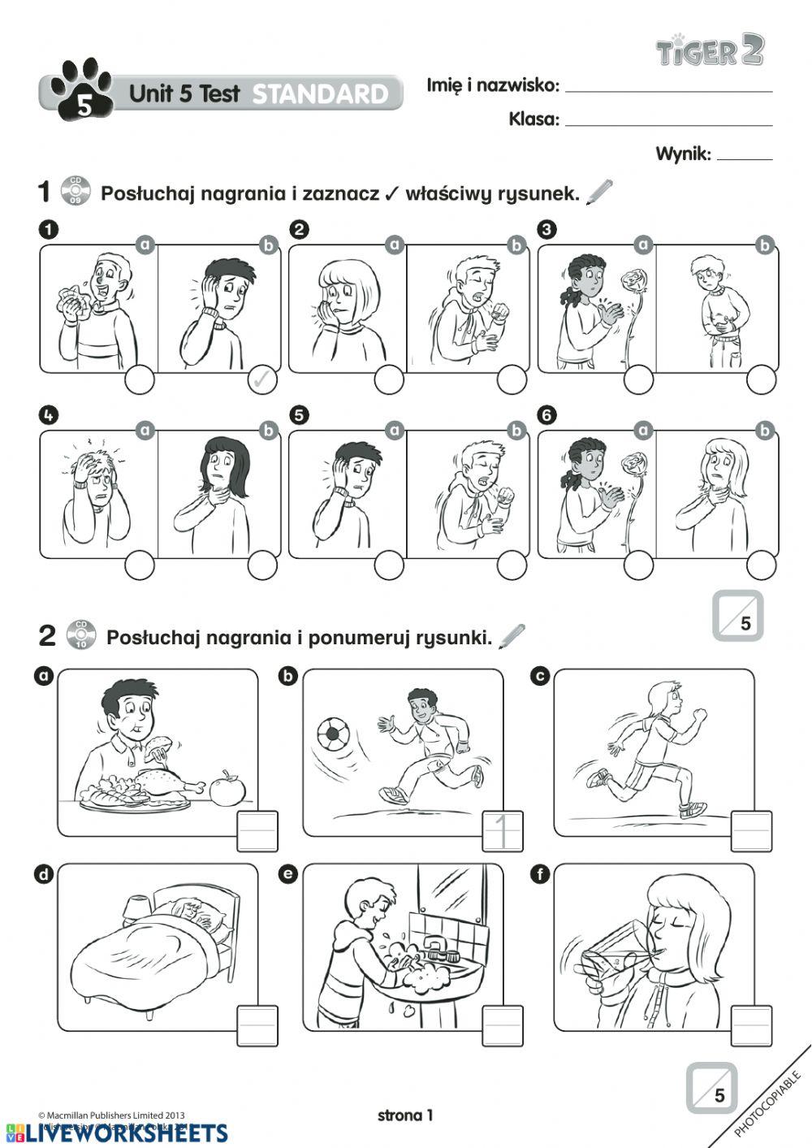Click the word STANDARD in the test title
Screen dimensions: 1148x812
point(320,94)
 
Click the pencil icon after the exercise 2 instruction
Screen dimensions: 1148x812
point(512,637)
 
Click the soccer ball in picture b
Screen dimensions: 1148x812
point(332,735)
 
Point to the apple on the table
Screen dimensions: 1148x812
point(227,787)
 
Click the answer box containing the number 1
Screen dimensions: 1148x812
point(503,831)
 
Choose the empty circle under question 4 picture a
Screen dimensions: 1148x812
point(140,565)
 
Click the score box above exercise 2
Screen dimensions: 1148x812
point(737,616)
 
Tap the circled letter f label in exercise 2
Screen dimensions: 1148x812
point(539,874)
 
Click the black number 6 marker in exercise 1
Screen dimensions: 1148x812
point(547,414)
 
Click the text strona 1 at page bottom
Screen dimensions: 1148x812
point(405,1116)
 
